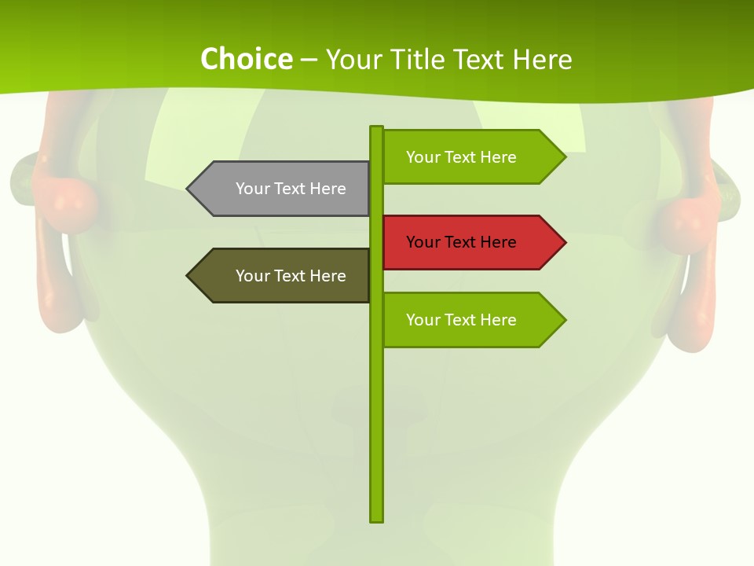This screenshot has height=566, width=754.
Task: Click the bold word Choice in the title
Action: pyautogui.click(x=246, y=59)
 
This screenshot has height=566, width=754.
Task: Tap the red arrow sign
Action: pyautogui.click(x=471, y=242)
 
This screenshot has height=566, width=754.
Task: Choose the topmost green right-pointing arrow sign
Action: pyautogui.click(x=471, y=157)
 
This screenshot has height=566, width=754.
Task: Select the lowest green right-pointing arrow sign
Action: pyautogui.click(x=471, y=320)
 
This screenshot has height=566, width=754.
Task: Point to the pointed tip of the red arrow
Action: pyautogui.click(x=564, y=242)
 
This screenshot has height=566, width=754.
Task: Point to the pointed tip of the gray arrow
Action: pyautogui.click(x=188, y=189)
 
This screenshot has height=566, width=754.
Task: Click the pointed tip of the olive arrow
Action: pyautogui.click(x=188, y=276)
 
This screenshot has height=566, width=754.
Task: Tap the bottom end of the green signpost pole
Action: pyautogui.click(x=377, y=519)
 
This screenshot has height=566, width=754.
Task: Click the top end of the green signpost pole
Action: pyautogui.click(x=377, y=128)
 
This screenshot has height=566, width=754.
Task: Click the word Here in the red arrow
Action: pyautogui.click(x=498, y=242)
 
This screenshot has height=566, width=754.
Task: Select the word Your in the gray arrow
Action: pyautogui.click(x=252, y=189)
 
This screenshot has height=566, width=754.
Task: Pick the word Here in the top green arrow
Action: pyautogui.click(x=498, y=157)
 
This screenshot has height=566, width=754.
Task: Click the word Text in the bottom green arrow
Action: pyautogui.click(x=460, y=320)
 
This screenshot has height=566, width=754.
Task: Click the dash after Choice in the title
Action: pyautogui.click(x=309, y=60)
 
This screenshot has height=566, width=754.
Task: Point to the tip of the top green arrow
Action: pyautogui.click(x=564, y=157)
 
